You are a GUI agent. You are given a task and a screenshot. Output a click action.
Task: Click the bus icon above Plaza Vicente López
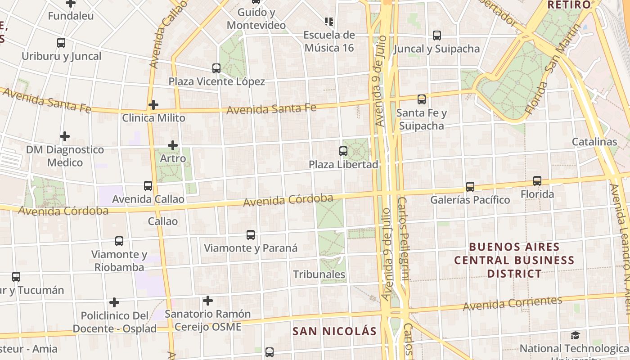(216, 68)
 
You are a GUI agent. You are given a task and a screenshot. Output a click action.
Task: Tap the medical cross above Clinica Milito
(153, 105)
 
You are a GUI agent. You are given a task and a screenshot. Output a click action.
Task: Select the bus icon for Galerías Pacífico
(470, 186)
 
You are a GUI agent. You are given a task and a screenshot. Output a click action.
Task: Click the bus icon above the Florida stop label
(537, 181)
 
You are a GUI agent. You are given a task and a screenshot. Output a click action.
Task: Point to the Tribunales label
(319, 274)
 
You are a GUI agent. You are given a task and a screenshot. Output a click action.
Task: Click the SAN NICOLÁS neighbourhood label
(334, 331)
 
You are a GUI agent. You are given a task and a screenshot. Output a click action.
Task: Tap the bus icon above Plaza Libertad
(343, 151)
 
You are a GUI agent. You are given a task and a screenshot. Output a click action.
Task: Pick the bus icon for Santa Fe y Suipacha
(422, 99)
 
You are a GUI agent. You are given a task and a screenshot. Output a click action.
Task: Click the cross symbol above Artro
(173, 145)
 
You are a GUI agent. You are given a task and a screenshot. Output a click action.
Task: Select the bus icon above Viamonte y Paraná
(251, 235)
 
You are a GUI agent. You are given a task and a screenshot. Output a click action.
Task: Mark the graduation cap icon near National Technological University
(575, 335)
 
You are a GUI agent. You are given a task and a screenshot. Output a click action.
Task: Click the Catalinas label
(594, 142)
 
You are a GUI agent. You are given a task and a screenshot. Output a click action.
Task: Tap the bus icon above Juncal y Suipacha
(436, 36)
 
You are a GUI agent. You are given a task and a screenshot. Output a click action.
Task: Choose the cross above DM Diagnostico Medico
(65, 136)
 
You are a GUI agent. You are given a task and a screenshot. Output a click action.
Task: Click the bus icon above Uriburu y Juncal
(61, 43)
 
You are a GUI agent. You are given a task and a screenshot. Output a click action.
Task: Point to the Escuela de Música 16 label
(329, 41)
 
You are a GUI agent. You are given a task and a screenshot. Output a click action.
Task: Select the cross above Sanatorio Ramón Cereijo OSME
(208, 300)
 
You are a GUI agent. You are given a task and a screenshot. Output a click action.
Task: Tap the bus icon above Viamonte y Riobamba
(119, 241)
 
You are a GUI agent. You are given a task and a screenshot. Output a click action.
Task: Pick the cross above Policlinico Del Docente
(114, 302)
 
